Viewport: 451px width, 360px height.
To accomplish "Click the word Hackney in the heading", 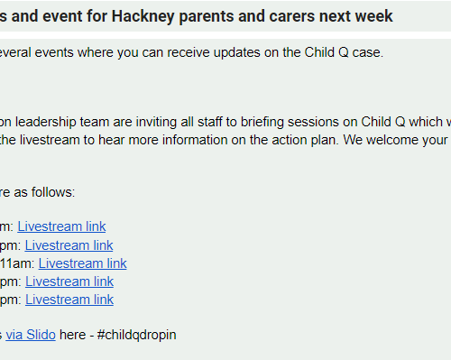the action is (x=143, y=16).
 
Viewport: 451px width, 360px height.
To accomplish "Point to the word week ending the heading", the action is (x=373, y=16).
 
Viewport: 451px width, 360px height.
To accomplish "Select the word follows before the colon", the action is (x=51, y=192).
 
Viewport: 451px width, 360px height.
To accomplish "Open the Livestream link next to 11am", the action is (x=83, y=263).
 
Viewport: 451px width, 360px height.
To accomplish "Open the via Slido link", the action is (x=31, y=335).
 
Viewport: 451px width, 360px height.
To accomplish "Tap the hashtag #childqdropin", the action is (x=137, y=336).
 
